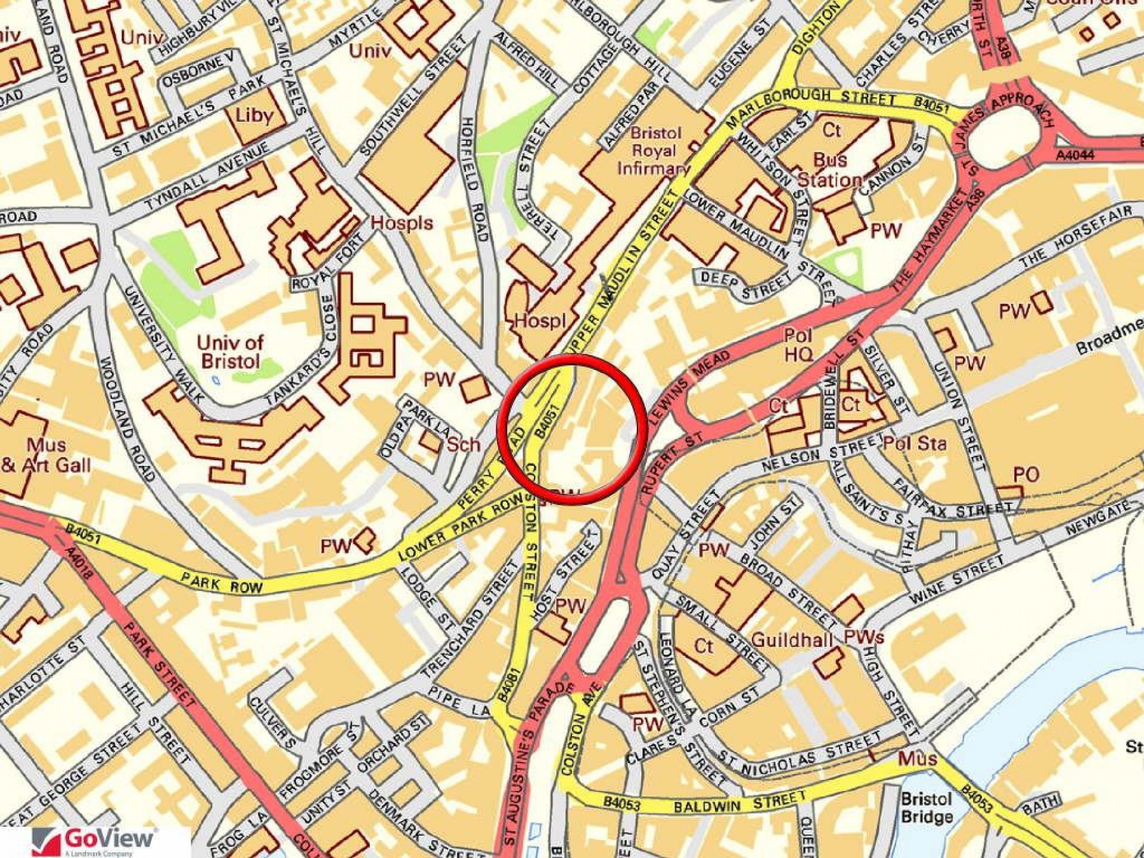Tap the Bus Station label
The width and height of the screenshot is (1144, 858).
click(829, 169)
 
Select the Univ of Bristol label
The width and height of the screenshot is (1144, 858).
click(229, 351)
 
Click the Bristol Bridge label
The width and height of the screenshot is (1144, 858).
click(927, 807)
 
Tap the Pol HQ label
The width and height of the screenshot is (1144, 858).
click(798, 344)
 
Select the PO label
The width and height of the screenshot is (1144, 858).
click(1026, 474)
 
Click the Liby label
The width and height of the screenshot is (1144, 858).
click(254, 115)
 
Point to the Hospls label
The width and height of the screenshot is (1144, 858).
click(402, 222)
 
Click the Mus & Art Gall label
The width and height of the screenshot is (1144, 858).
click(46, 455)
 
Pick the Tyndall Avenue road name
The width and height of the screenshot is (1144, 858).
click(207, 179)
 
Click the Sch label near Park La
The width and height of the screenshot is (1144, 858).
click(463, 444)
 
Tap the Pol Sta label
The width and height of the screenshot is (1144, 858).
click(915, 443)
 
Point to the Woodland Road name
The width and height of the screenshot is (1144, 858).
click(127, 419)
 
